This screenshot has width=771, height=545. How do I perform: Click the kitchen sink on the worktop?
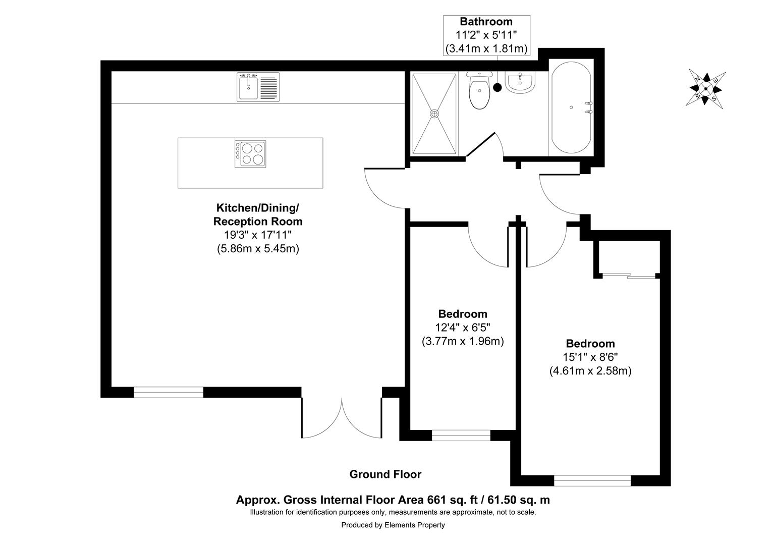point(258,87)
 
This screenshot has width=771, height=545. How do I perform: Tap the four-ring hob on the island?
point(250,154)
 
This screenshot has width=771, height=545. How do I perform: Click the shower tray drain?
point(434,114)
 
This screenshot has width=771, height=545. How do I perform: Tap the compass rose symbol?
point(705,89)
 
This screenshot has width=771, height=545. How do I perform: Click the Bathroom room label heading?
point(486,22)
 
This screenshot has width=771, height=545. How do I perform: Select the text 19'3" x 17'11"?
point(258,235)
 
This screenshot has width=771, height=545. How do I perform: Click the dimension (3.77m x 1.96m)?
point(463,341)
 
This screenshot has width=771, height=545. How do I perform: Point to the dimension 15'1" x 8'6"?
point(590,357)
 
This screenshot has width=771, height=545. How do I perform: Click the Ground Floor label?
point(385,474)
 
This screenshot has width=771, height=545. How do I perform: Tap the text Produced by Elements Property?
point(393,525)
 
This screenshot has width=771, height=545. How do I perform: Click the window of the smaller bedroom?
point(461,435)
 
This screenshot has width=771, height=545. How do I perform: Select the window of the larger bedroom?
point(592,480)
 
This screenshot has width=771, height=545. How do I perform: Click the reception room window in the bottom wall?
point(169,392)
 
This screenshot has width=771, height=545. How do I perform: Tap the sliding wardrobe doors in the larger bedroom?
point(629,276)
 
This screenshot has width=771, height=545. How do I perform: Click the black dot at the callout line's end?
point(498,87)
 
